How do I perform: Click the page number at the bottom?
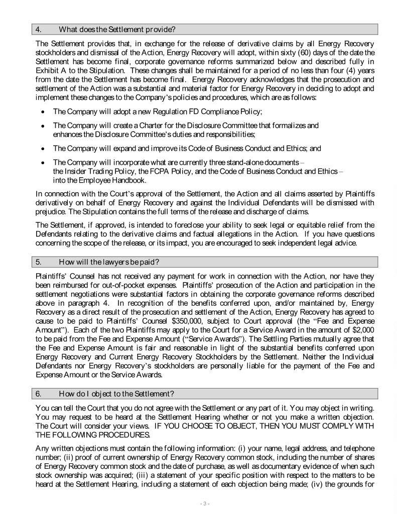[x=198, y=503]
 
